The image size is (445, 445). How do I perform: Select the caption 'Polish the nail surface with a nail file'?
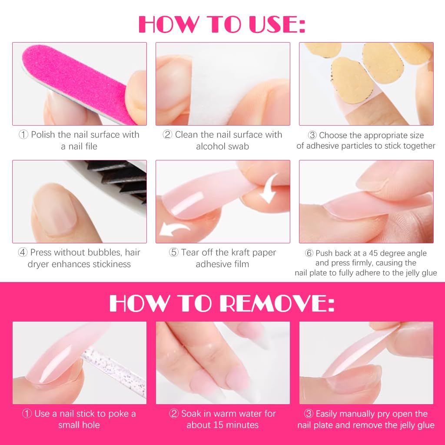[79, 140]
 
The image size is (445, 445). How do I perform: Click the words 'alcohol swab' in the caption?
[222, 146]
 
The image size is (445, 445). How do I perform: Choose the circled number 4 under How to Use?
[23, 252]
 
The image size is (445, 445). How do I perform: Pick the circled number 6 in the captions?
[309, 253]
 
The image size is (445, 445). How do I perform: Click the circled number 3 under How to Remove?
[309, 414]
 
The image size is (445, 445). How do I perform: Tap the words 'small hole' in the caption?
[79, 425]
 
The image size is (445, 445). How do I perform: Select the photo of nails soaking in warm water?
[222, 363]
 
